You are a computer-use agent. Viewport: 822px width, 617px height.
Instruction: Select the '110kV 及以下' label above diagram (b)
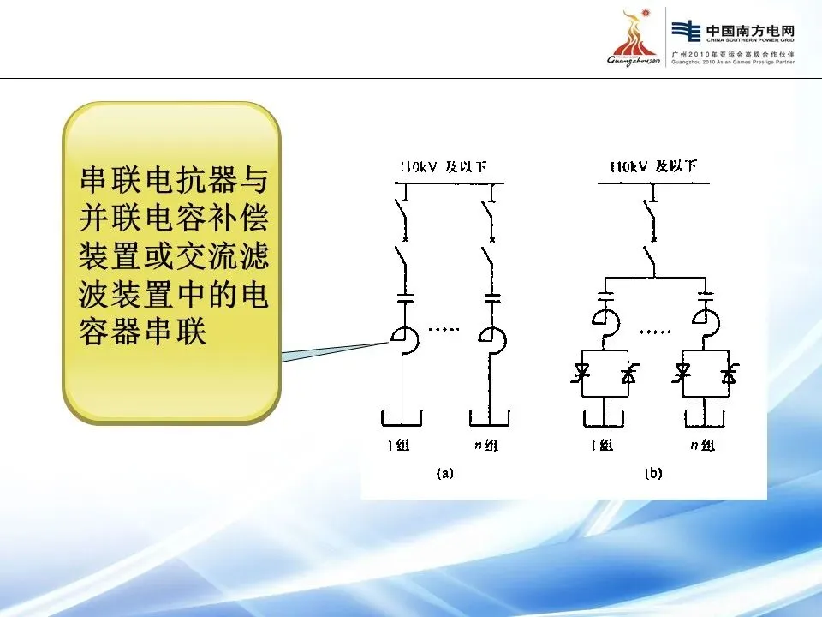(x=653, y=166)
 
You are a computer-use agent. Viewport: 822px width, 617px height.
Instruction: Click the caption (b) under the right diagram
(x=653, y=473)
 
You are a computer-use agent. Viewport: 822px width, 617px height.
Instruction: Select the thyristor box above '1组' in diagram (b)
(x=605, y=373)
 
